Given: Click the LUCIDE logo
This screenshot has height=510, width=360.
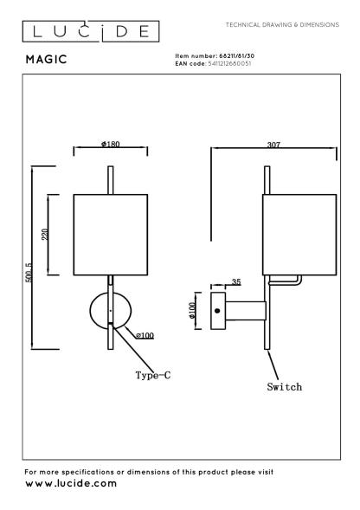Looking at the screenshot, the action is click(91, 31).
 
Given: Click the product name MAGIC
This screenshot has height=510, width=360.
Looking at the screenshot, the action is click(47, 59).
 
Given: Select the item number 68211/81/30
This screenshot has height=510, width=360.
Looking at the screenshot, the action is click(237, 56).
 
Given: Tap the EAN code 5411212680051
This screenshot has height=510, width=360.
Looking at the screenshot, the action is click(229, 63).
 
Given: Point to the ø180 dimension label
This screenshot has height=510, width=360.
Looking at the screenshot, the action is click(111, 144).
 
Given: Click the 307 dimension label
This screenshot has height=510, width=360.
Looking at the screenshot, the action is click(273, 145).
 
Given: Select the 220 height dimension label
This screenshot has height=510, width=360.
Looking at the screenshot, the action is click(45, 235).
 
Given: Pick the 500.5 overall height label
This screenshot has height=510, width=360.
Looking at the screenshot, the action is click(29, 273).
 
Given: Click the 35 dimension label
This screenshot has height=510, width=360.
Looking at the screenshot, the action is click(236, 281).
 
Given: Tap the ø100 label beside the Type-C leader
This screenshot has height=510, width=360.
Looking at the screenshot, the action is click(145, 335).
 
